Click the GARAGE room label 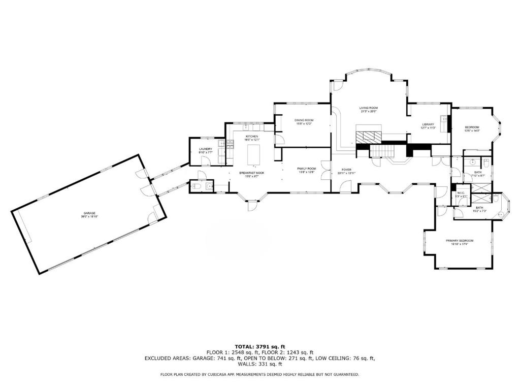(x=89, y=214)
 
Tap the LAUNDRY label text (x=205, y=150)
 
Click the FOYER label (x=346, y=171)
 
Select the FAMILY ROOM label (x=306, y=169)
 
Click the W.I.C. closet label (x=461, y=193)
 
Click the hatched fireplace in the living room (x=367, y=136)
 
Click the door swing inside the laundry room (x=205, y=161)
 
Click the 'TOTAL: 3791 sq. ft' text (x=259, y=346)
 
